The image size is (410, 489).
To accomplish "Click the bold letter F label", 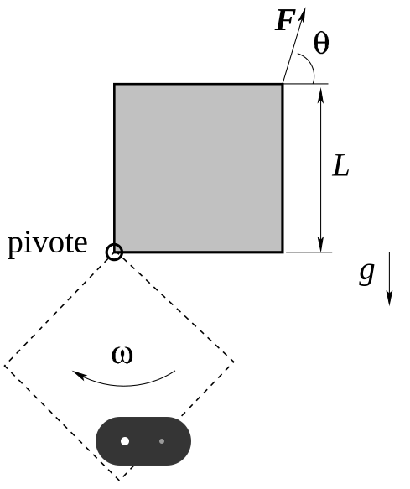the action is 285,20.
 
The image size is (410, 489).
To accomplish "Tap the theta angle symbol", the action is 321,44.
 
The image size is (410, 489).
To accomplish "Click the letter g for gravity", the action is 366,273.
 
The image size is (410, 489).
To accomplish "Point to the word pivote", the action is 48,244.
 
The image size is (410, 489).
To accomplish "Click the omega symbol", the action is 122,355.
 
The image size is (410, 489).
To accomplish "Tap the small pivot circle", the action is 114,252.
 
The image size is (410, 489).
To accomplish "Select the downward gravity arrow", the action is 389,278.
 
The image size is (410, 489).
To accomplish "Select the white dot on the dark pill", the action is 125,441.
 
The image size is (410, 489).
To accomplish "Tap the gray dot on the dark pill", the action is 162,441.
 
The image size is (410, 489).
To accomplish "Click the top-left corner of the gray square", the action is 114,84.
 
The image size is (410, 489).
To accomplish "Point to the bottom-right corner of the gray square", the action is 283,252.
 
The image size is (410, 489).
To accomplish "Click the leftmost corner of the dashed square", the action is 4,366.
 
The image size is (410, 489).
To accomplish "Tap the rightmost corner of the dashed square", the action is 234,362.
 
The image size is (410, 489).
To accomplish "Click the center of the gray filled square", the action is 199,168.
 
